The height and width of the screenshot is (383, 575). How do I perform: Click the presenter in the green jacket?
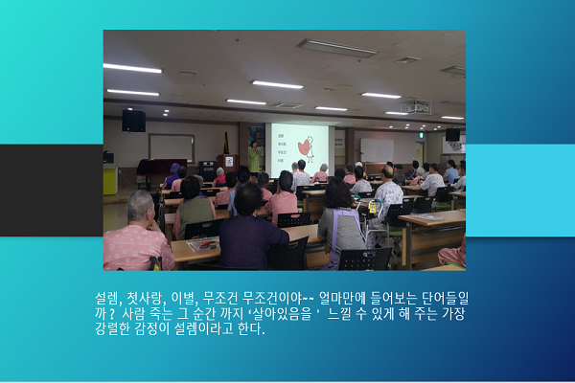pyautogui.click(x=255, y=158)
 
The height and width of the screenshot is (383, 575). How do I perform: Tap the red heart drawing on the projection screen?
pyautogui.click(x=305, y=146)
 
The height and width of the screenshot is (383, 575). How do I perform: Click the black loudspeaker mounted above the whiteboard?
pyautogui.click(x=133, y=121)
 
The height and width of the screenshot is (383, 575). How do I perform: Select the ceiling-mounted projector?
pyautogui.click(x=417, y=107)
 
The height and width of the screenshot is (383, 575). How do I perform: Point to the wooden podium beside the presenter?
pyautogui.click(x=228, y=164)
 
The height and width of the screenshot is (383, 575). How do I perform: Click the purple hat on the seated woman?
pyautogui.click(x=174, y=169)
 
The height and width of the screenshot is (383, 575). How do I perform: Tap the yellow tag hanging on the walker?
pyautogui.click(x=373, y=208)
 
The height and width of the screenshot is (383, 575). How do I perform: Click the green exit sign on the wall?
pyautogui.click(x=422, y=135)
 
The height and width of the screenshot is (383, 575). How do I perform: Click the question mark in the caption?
pyautogui.click(x=111, y=314)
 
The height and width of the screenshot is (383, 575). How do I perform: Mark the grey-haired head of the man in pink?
pyautogui.click(x=141, y=205)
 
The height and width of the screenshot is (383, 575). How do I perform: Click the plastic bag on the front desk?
pyautogui.click(x=203, y=244)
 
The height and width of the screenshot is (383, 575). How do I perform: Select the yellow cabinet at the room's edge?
pyautogui.click(x=110, y=180)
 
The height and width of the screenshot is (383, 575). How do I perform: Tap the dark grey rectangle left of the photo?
pyautogui.click(x=52, y=191)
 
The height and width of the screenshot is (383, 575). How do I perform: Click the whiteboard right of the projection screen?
pyautogui.click(x=377, y=150)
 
